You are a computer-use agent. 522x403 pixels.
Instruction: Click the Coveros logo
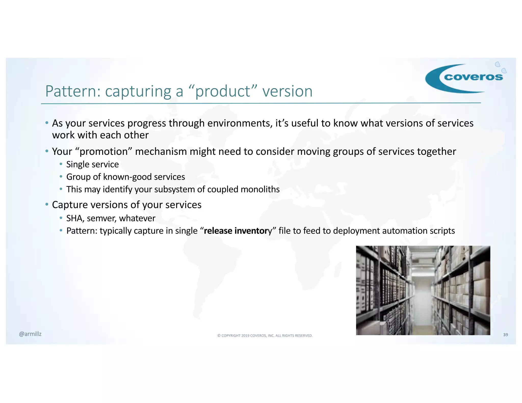click(465, 78)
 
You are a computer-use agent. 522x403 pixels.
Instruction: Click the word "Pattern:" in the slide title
click(73, 91)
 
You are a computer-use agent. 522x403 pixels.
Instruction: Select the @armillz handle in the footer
click(30, 334)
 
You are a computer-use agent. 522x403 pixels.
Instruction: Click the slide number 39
click(505, 335)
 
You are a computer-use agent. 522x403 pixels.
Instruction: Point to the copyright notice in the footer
click(265, 335)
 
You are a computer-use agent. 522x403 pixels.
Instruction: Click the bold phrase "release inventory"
click(238, 231)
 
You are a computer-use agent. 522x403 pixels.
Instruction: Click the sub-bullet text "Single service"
click(92, 164)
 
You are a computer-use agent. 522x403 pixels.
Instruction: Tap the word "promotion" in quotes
click(103, 152)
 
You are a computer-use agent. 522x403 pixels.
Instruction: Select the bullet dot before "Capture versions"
click(47, 204)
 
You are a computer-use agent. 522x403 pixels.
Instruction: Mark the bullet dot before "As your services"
click(47, 123)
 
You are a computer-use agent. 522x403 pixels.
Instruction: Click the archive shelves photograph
click(423, 290)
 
